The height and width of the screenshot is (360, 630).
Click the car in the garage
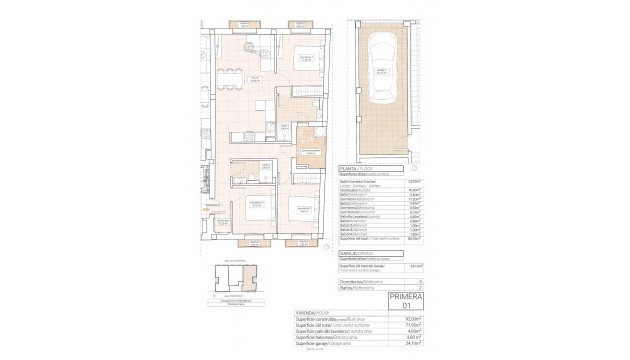(379, 67)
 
